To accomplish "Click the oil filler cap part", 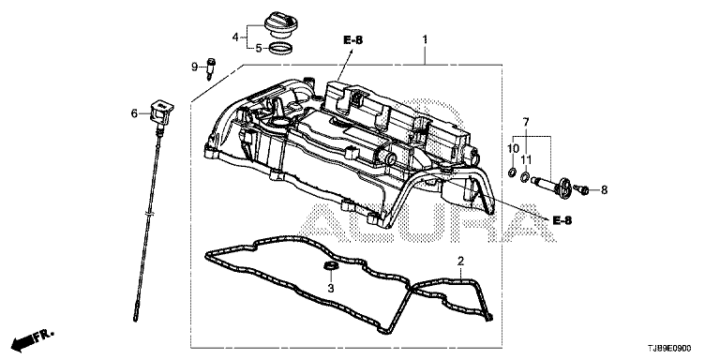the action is coord(280,25).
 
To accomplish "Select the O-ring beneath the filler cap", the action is coord(280,48).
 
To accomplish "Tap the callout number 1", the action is coord(426,39).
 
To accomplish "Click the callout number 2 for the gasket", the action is coord(460,262).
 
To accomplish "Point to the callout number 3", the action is coord(331,289).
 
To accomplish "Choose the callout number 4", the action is coord(235,37).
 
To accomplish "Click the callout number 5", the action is coord(259,48).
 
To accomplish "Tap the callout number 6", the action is coord(135,112).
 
